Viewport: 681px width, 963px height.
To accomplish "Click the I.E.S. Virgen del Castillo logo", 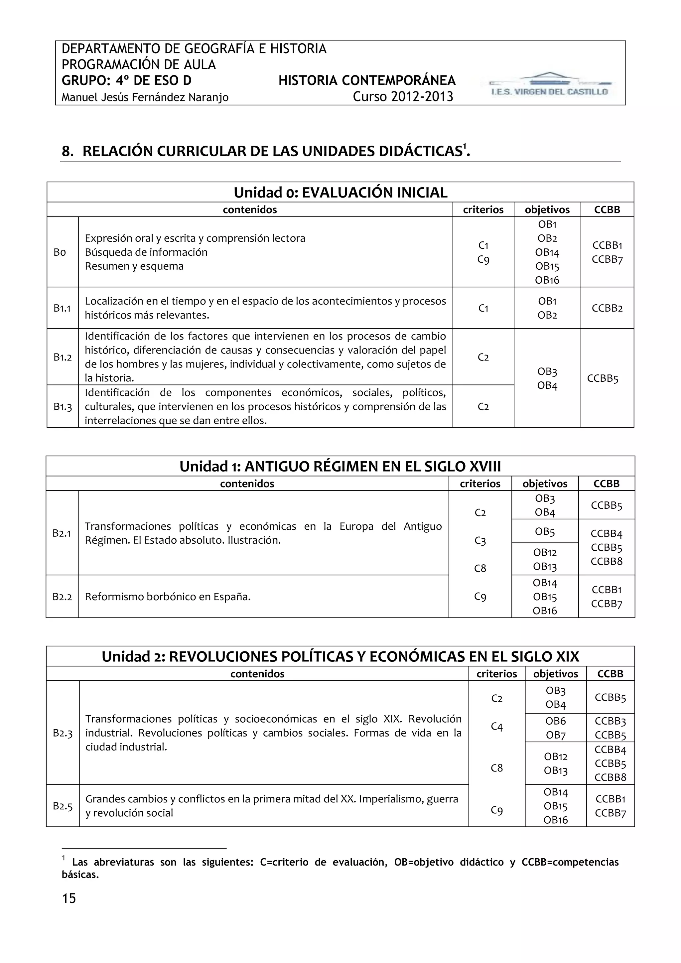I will [549, 85].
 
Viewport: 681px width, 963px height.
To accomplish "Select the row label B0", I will [60, 252].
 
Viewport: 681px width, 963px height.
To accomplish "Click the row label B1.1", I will [62, 308].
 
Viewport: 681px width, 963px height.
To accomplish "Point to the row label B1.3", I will [63, 406].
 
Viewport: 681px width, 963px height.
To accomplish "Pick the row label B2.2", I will [62, 597].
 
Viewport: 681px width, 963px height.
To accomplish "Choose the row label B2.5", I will [63, 806].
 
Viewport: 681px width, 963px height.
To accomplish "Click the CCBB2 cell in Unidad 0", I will [607, 308].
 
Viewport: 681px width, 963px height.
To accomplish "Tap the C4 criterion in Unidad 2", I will [496, 727].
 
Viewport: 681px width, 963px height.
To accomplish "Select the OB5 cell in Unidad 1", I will [545, 532].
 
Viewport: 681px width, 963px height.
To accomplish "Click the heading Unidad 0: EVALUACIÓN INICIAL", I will [340, 193].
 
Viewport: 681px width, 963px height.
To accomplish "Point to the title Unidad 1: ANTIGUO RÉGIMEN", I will [340, 467].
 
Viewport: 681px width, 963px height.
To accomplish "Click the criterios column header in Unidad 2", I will [496, 674].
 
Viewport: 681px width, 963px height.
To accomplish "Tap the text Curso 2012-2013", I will [403, 97].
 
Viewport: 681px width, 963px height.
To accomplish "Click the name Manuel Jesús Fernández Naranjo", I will [145, 98].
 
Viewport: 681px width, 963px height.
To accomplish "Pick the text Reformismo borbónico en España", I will [168, 597].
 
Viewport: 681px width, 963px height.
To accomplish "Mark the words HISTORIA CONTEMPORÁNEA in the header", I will [367, 80].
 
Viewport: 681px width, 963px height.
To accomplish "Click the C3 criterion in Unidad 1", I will [480, 541].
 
